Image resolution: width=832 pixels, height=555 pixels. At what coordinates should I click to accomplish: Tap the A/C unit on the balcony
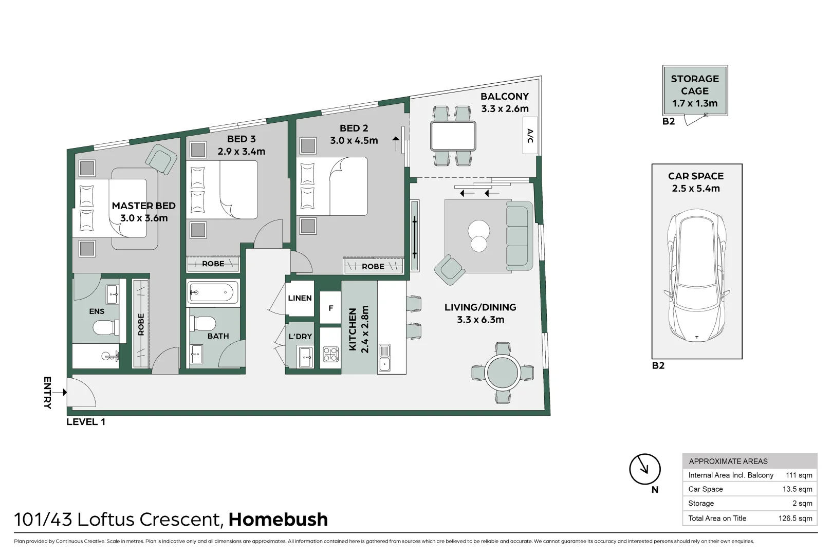click(x=530, y=136)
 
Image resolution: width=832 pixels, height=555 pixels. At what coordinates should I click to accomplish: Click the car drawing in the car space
click(x=696, y=277)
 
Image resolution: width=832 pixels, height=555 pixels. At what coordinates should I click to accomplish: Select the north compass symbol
click(x=644, y=469)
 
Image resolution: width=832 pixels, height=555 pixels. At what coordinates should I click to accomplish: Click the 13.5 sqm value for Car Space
click(x=797, y=489)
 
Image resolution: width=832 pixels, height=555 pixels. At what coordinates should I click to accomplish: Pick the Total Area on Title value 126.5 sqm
click(x=795, y=518)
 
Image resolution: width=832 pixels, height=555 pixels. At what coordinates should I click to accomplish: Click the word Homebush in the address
click(x=278, y=520)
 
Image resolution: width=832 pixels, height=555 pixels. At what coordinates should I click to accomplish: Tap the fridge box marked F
click(x=330, y=308)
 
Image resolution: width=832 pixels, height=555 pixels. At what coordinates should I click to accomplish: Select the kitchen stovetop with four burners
click(x=330, y=354)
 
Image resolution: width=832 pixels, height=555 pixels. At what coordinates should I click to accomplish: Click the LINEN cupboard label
click(x=300, y=298)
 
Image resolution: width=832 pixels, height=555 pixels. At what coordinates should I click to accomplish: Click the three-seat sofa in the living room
click(x=518, y=235)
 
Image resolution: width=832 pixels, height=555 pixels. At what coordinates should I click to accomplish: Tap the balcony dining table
click(x=453, y=136)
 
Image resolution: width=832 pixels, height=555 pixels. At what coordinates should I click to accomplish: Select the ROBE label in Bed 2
click(x=373, y=266)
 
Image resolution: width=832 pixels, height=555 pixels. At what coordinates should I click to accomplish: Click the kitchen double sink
click(x=384, y=358)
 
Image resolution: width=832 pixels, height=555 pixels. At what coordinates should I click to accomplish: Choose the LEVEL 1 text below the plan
click(x=86, y=422)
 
